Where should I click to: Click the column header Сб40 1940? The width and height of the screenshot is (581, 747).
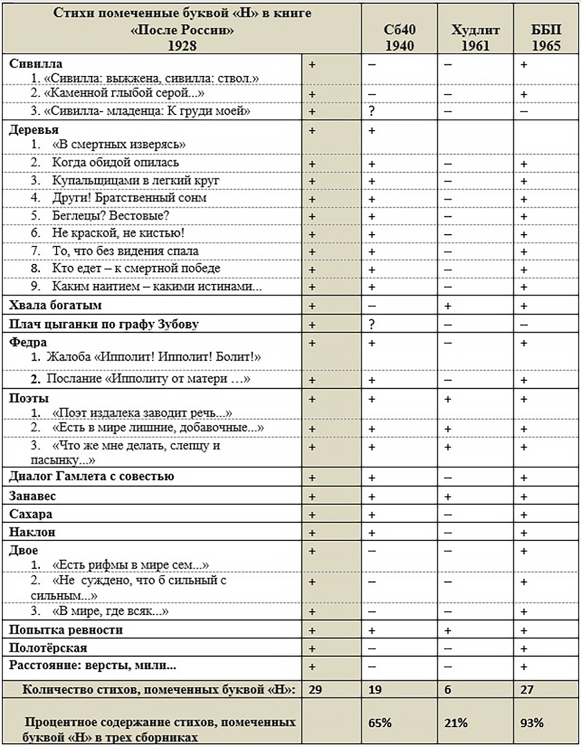[x=399, y=37]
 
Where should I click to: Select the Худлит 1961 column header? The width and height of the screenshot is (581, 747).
[x=475, y=37]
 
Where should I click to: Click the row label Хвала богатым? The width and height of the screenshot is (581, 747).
[x=55, y=306]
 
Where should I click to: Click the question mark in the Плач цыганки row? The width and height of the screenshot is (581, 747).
[x=372, y=324]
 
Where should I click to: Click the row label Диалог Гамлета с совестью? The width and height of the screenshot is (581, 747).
[x=92, y=477]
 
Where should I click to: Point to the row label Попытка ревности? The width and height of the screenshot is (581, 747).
[x=65, y=630]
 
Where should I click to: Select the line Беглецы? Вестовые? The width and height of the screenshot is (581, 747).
[x=111, y=215]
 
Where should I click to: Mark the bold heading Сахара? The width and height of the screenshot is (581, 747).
[x=31, y=514]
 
